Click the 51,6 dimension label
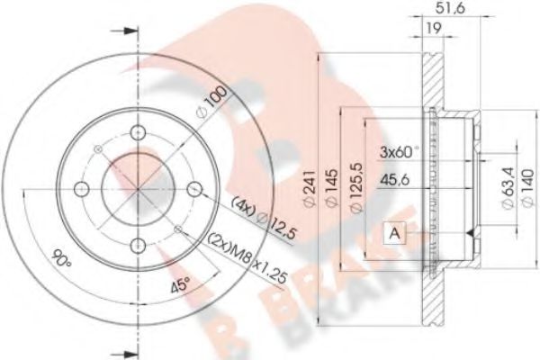click(450, 8)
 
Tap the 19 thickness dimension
click(433, 29)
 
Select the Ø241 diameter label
click(310, 188)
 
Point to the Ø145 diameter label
click(331, 188)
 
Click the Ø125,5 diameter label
click(355, 188)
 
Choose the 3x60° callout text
click(400, 151)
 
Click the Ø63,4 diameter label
click(508, 188)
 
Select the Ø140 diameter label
click(528, 188)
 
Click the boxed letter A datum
click(395, 234)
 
